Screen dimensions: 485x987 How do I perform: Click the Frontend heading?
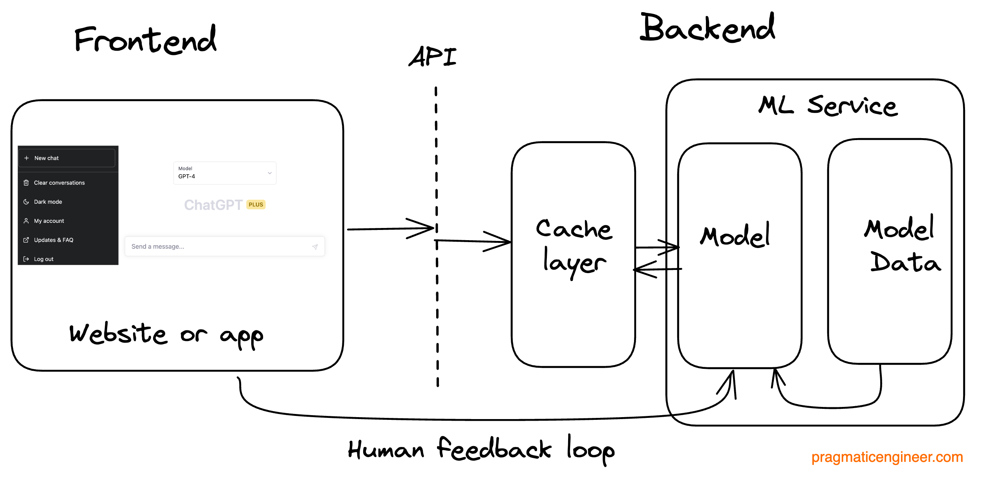click(x=145, y=40)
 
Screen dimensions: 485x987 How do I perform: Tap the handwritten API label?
click(x=433, y=57)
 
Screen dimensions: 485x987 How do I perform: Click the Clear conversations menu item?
click(x=59, y=183)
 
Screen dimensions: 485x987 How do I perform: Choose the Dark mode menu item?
click(x=48, y=202)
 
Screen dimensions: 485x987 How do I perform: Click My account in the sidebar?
click(x=49, y=221)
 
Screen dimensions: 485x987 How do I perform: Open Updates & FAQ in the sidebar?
click(x=53, y=240)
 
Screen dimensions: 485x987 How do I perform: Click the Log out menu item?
click(x=44, y=259)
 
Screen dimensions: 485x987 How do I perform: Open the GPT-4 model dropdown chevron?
click(x=270, y=173)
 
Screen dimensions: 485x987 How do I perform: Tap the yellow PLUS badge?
click(x=256, y=205)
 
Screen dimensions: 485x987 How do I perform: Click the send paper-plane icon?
click(x=315, y=247)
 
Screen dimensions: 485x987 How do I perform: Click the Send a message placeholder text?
click(x=158, y=246)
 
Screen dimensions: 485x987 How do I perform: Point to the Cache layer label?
click(x=574, y=247)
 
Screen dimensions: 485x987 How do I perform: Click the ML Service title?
click(x=828, y=106)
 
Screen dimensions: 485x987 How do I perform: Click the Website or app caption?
click(x=166, y=335)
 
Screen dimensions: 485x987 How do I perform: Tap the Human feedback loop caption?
click(x=481, y=450)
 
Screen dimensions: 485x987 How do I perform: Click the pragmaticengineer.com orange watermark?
click(x=887, y=457)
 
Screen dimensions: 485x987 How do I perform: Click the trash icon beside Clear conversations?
click(x=26, y=183)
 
